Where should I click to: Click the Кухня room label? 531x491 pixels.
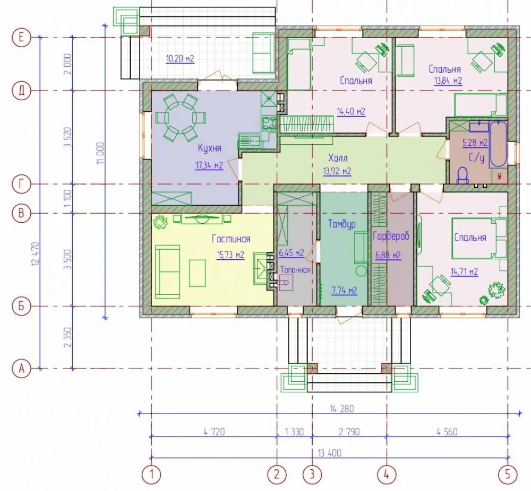coord(210,148)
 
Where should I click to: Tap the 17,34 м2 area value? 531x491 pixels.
coord(209,165)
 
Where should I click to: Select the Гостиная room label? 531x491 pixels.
coord(231,239)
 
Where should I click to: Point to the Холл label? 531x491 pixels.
coord(338,158)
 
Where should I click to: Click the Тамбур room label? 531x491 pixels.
coord(341,224)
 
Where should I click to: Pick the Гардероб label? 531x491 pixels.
coord(391,236)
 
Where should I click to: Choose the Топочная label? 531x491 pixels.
coord(295,269)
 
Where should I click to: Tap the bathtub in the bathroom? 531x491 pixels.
coord(498,144)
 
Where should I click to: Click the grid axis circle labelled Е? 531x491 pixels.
coord(21,37)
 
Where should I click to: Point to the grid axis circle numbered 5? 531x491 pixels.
coord(507,474)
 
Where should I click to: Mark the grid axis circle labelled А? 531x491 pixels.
coord(21,369)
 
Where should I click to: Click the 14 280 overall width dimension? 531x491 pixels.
coord(341,408)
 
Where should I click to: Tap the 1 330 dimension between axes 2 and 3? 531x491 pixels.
coord(294,432)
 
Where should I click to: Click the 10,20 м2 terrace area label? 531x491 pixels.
coord(180,58)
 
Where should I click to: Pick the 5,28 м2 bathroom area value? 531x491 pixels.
coord(475,142)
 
